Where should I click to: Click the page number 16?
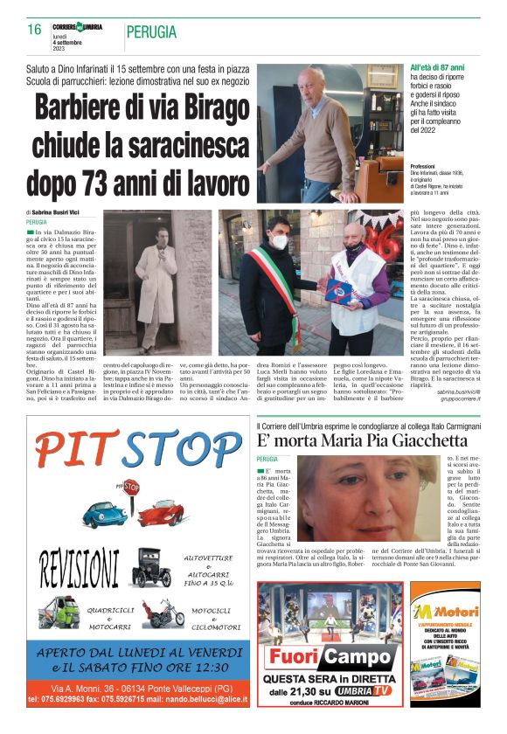[x=34, y=31]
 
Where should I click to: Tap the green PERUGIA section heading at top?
[x=151, y=32]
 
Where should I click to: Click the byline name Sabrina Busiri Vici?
[x=60, y=212]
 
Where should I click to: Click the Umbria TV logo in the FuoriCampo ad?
[x=364, y=690]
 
